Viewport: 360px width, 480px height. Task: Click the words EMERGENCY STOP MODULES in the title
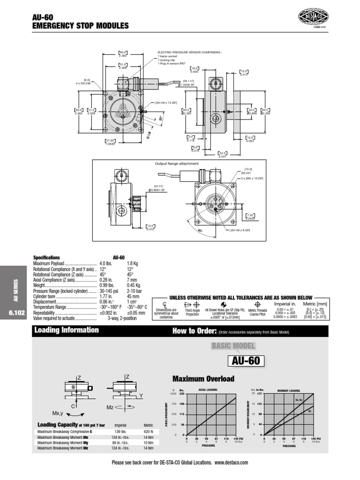(x=80, y=26)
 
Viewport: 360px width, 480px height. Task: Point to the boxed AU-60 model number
(x=246, y=361)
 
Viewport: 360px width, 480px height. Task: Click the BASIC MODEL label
(x=233, y=346)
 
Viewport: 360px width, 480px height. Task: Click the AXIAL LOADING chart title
(x=209, y=390)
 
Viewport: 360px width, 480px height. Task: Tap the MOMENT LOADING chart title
(x=289, y=390)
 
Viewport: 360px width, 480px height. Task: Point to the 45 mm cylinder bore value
(x=134, y=296)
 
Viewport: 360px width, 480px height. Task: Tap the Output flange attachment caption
(x=176, y=164)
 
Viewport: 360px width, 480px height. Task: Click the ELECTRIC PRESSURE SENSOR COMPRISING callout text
(x=189, y=53)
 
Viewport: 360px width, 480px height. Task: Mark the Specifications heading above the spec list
(x=46, y=258)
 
